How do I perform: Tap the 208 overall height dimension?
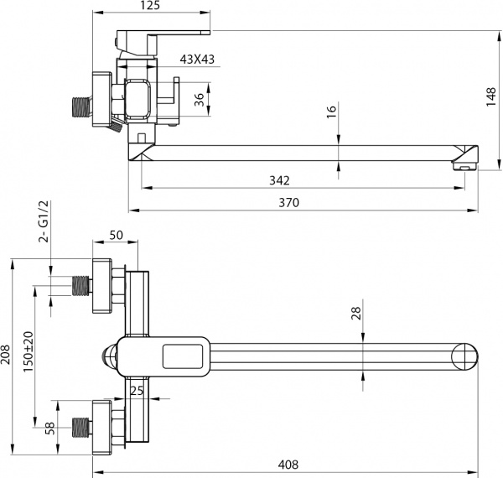pyautogui.click(x=8, y=355)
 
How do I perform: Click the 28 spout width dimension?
pyautogui.click(x=356, y=314)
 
